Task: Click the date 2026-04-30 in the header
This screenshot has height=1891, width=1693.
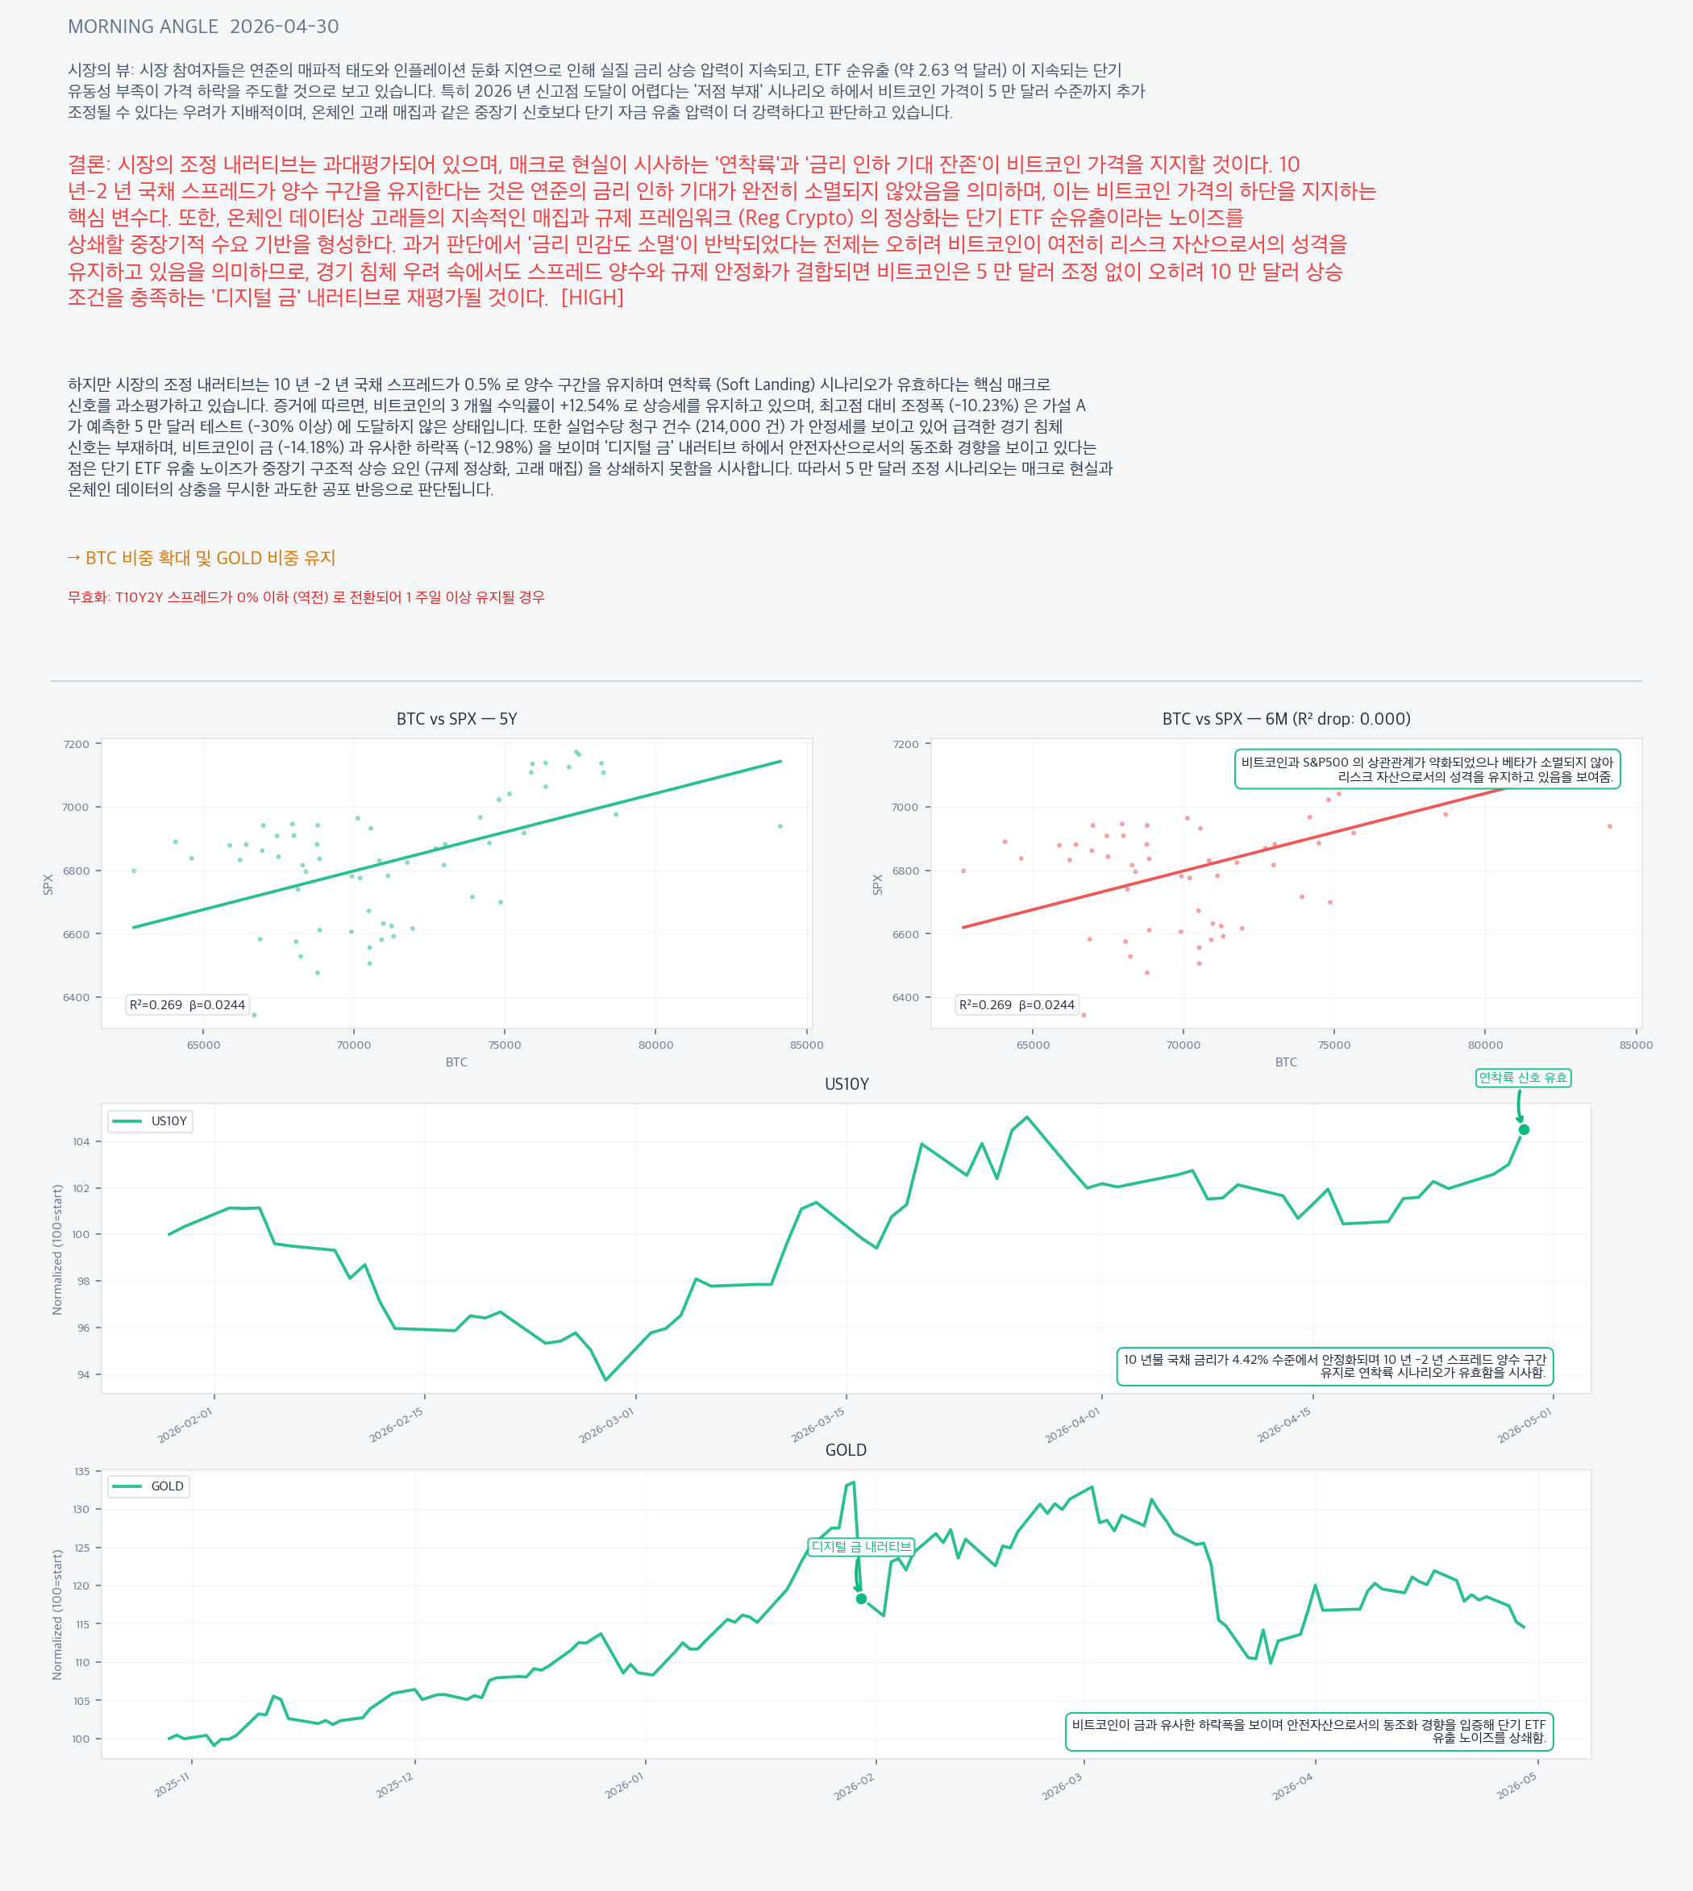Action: (x=284, y=26)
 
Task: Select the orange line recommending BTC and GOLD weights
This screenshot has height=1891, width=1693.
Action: (x=201, y=558)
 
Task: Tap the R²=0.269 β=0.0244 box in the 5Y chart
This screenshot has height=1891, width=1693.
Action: (x=187, y=1004)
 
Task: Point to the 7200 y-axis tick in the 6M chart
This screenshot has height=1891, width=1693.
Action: (x=905, y=744)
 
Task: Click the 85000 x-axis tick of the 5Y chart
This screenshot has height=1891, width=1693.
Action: (x=805, y=1045)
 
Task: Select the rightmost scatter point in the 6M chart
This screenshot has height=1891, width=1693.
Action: (x=1609, y=826)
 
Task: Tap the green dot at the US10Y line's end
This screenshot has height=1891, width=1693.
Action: (x=1524, y=1129)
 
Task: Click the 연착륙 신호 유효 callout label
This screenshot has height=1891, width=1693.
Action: (x=1523, y=1078)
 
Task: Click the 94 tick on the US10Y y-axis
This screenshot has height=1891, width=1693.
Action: (x=85, y=1375)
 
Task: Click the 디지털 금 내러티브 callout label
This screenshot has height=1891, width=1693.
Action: (x=860, y=1547)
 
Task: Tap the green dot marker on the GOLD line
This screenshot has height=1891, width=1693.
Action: (x=861, y=1599)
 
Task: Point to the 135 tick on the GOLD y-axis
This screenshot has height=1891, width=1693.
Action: (x=82, y=1472)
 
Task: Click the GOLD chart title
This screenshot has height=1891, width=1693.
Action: (x=845, y=1450)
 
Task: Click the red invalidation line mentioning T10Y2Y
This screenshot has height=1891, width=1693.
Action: (x=306, y=597)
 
